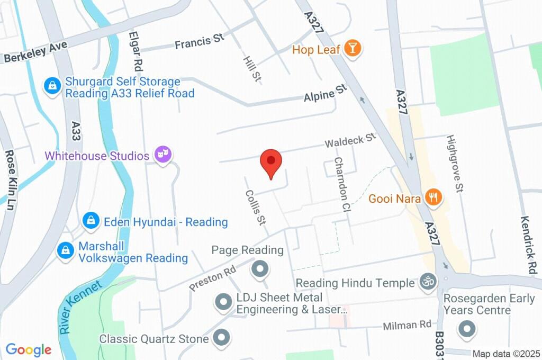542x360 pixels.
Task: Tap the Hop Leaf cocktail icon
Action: pyautogui.click(x=351, y=49)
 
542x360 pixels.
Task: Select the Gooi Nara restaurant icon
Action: pyautogui.click(x=433, y=198)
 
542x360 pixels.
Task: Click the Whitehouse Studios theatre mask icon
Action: pyautogui.click(x=162, y=155)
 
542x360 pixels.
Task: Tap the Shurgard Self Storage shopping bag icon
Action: pyautogui.click(x=52, y=86)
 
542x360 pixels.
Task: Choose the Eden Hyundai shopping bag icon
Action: pyautogui.click(x=92, y=221)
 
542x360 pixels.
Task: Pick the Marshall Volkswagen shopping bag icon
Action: pyautogui.click(x=66, y=251)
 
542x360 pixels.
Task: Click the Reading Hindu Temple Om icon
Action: pyautogui.click(x=427, y=282)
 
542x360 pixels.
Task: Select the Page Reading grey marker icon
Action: pyautogui.click(x=260, y=269)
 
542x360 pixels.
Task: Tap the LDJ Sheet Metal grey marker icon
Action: pyautogui.click(x=223, y=303)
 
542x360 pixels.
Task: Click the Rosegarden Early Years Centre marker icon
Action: pyautogui.click(x=467, y=329)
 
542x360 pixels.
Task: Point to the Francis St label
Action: pyautogui.click(x=200, y=42)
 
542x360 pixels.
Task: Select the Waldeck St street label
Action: pyautogui.click(x=350, y=141)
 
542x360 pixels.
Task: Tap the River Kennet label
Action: pyautogui.click(x=80, y=308)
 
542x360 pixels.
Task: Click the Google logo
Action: pyautogui.click(x=28, y=350)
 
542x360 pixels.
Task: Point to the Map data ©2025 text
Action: pyautogui.click(x=506, y=354)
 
